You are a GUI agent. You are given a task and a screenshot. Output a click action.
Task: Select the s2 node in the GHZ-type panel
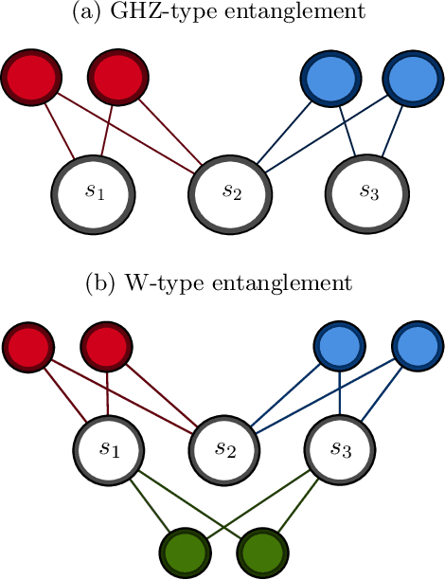click(x=231, y=193)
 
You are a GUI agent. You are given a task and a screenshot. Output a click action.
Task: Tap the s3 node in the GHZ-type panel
click(x=368, y=193)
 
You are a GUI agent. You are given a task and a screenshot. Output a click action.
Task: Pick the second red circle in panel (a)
click(x=118, y=76)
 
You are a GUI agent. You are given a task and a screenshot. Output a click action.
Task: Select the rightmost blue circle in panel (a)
click(x=413, y=76)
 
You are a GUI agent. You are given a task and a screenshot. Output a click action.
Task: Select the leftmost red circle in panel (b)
click(x=28, y=348)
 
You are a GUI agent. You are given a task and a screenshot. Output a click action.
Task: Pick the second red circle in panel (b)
click(x=106, y=348)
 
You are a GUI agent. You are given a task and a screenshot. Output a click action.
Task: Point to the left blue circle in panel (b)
click(x=339, y=348)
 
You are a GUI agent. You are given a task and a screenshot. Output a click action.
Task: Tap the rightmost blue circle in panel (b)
click(x=416, y=348)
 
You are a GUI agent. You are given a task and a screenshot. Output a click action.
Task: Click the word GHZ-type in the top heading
click(x=175, y=13)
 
